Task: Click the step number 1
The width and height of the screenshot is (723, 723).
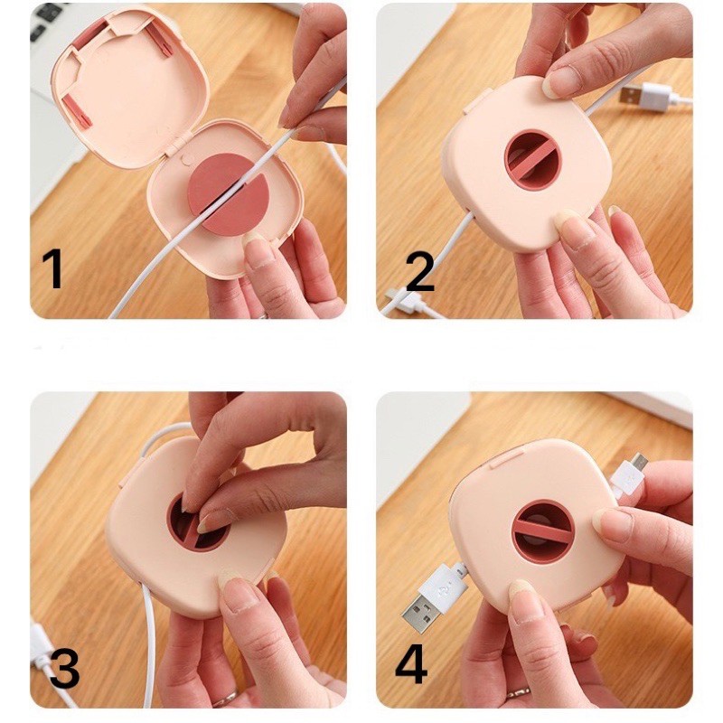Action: click(53, 268)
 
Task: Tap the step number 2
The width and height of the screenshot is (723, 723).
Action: click(420, 272)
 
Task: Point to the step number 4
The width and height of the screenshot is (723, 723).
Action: click(411, 664)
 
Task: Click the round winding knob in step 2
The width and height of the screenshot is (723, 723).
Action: click(533, 159)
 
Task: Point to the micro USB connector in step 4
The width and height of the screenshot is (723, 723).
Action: click(640, 460)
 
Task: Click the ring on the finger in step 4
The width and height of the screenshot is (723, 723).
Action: click(519, 692)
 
